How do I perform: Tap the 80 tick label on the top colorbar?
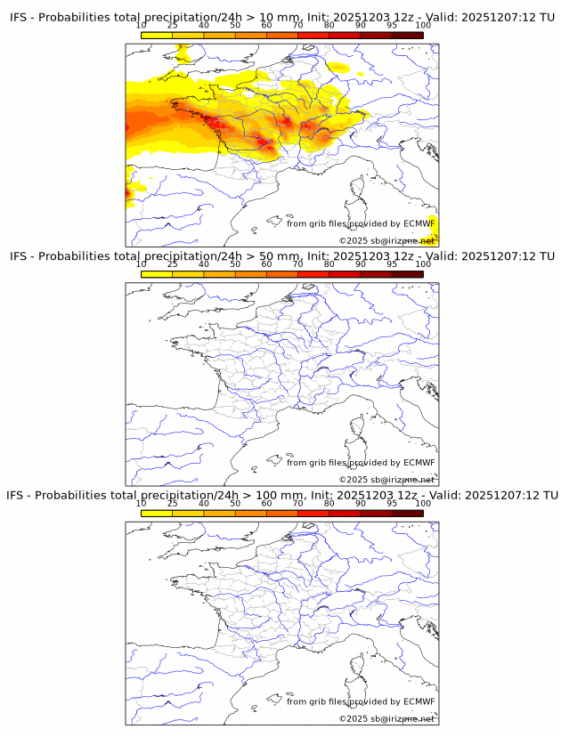tap(329, 26)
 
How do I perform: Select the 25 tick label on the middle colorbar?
tap(172, 264)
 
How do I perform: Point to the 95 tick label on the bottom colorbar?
tap(392, 503)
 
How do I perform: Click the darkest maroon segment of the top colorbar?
tap(407, 35)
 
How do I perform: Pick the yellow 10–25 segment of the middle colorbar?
tap(157, 274)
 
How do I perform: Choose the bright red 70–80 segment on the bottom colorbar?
tap(313, 513)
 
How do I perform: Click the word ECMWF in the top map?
tap(419, 223)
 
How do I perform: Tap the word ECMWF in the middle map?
tap(419, 462)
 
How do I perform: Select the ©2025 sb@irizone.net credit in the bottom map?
tap(386, 718)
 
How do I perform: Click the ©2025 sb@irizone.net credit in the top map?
tap(386, 241)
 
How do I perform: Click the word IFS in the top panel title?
tap(20, 18)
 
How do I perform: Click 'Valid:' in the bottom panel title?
tap(442, 495)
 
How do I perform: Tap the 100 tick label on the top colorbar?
tap(423, 26)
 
